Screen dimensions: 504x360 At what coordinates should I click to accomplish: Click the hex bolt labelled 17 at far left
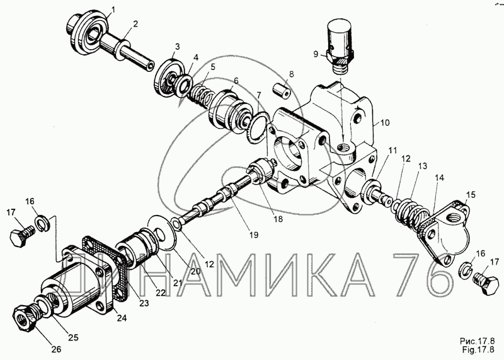[17, 238]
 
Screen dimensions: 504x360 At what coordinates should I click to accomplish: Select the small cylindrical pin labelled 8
[280, 93]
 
